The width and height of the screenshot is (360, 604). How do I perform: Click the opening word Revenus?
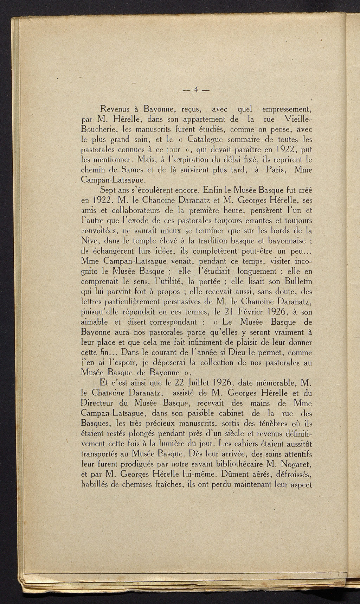(116, 108)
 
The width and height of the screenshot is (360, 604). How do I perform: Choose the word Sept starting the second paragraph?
(108, 191)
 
